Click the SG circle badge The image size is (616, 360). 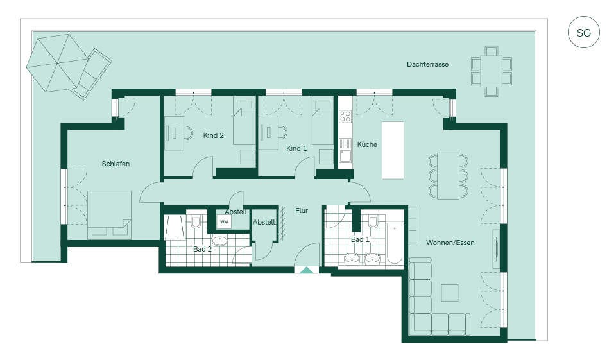(x=583, y=32)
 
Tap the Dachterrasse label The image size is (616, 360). (x=427, y=64)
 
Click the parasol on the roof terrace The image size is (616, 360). (x=57, y=63)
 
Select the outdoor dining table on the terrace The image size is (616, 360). (x=491, y=71)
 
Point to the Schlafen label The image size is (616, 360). (x=116, y=164)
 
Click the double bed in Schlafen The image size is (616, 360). (x=109, y=214)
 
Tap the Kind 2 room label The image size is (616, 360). (x=213, y=135)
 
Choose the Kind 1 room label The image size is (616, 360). (x=296, y=148)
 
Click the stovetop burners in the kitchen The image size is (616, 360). (x=345, y=116)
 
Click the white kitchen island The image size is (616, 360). (x=393, y=150)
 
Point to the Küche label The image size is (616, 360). (x=367, y=144)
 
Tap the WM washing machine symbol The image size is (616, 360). (x=223, y=221)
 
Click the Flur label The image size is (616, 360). (x=302, y=210)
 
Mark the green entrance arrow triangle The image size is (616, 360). (x=306, y=270)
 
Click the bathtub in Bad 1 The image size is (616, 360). (x=395, y=243)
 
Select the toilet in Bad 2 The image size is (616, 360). (x=195, y=222)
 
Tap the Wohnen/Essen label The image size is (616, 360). (x=450, y=243)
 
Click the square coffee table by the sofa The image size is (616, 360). (x=450, y=293)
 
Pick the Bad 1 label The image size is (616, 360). (x=360, y=239)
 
